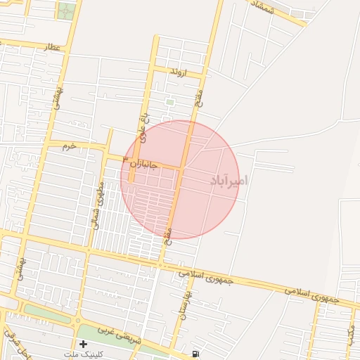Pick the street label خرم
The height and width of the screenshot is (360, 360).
coord(68,148)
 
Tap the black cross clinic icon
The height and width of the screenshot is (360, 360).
coord(84,345)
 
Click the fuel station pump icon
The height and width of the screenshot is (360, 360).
coord(195,353)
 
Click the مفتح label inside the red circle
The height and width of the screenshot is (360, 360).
coord(168,234)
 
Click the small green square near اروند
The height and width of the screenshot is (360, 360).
coord(169,103)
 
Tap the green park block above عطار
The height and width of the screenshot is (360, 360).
coord(66,11)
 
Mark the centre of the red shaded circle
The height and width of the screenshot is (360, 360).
coord(180,179)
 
